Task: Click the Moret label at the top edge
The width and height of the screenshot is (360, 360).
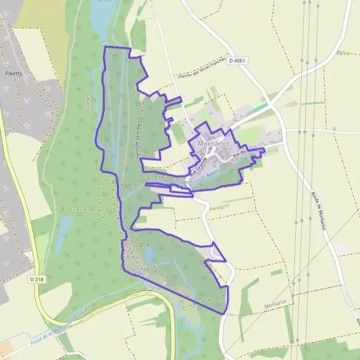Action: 105,2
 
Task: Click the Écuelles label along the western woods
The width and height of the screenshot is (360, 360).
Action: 88,106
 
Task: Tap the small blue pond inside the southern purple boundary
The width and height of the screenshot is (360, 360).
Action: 149,255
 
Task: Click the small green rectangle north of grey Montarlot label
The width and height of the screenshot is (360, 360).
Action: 277,272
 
